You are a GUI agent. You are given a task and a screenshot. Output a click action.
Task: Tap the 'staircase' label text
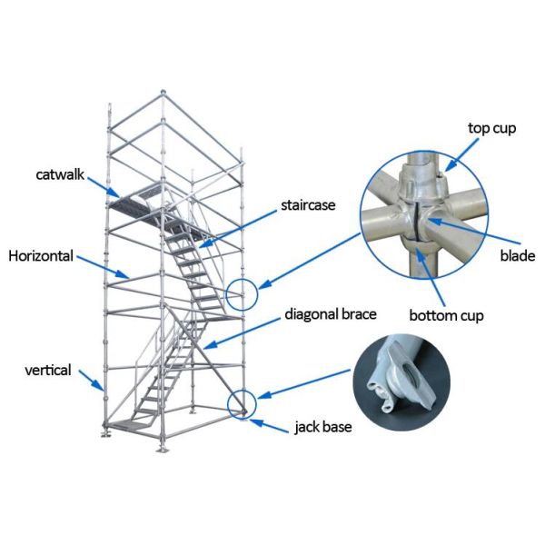(x=308, y=205)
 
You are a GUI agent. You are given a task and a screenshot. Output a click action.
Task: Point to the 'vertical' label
(x=47, y=370)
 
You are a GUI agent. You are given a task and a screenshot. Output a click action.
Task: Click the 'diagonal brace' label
(x=331, y=314)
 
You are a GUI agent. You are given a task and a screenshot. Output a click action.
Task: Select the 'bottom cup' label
(x=445, y=316)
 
